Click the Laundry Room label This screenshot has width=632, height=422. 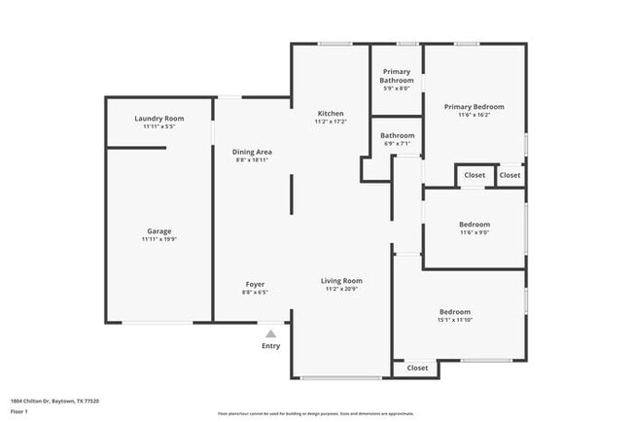coord(158,119)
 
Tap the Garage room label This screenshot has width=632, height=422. coord(158,230)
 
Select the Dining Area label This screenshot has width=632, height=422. coord(252,152)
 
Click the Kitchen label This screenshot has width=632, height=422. coord(331,114)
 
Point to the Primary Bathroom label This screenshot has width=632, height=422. coord(397,76)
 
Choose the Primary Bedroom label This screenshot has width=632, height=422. coord(474,106)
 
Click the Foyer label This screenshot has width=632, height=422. coord(255,284)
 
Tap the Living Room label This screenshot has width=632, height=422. coord(342,281)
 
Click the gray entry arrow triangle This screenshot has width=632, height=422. coord(270,334)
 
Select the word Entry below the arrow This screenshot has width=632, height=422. coord(270,346)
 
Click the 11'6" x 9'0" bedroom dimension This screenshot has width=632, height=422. coord(474,232)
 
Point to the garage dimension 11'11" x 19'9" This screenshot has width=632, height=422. coord(158,239)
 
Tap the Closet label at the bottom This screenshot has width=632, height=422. coord(417,368)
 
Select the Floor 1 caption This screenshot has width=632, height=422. coord(20,412)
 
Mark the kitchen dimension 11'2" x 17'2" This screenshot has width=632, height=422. coord(331,123)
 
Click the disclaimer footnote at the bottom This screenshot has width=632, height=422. coord(315,412)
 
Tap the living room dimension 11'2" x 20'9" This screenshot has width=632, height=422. coord(342,290)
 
